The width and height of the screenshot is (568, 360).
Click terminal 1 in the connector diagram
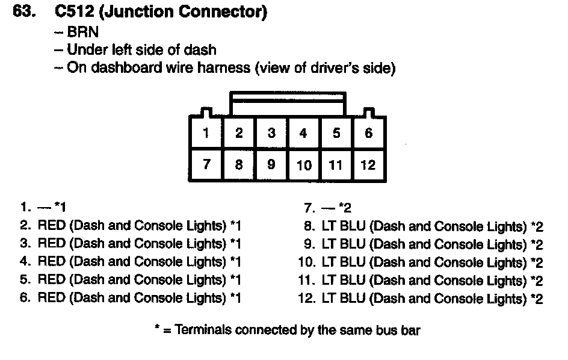pos(206,133)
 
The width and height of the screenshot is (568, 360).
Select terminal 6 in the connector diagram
pos(369,133)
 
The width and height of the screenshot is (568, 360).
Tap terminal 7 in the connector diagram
pos(206,164)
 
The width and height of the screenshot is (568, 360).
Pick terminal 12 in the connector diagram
pos(368,165)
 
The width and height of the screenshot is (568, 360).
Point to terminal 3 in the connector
pos(271,133)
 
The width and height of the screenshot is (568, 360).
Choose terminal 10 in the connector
pos(304,165)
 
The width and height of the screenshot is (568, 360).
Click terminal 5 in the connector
pos(336,133)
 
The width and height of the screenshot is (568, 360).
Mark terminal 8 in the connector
pos(239,164)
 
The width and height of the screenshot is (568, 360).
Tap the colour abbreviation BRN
pos(82,32)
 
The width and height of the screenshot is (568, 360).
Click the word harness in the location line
pos(222,68)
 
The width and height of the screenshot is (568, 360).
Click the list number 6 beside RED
pos(25,297)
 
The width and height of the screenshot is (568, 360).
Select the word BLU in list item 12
pos(353,299)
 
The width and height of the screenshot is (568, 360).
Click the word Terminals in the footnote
pos(203,330)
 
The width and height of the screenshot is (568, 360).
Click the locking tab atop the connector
pos(288,102)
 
